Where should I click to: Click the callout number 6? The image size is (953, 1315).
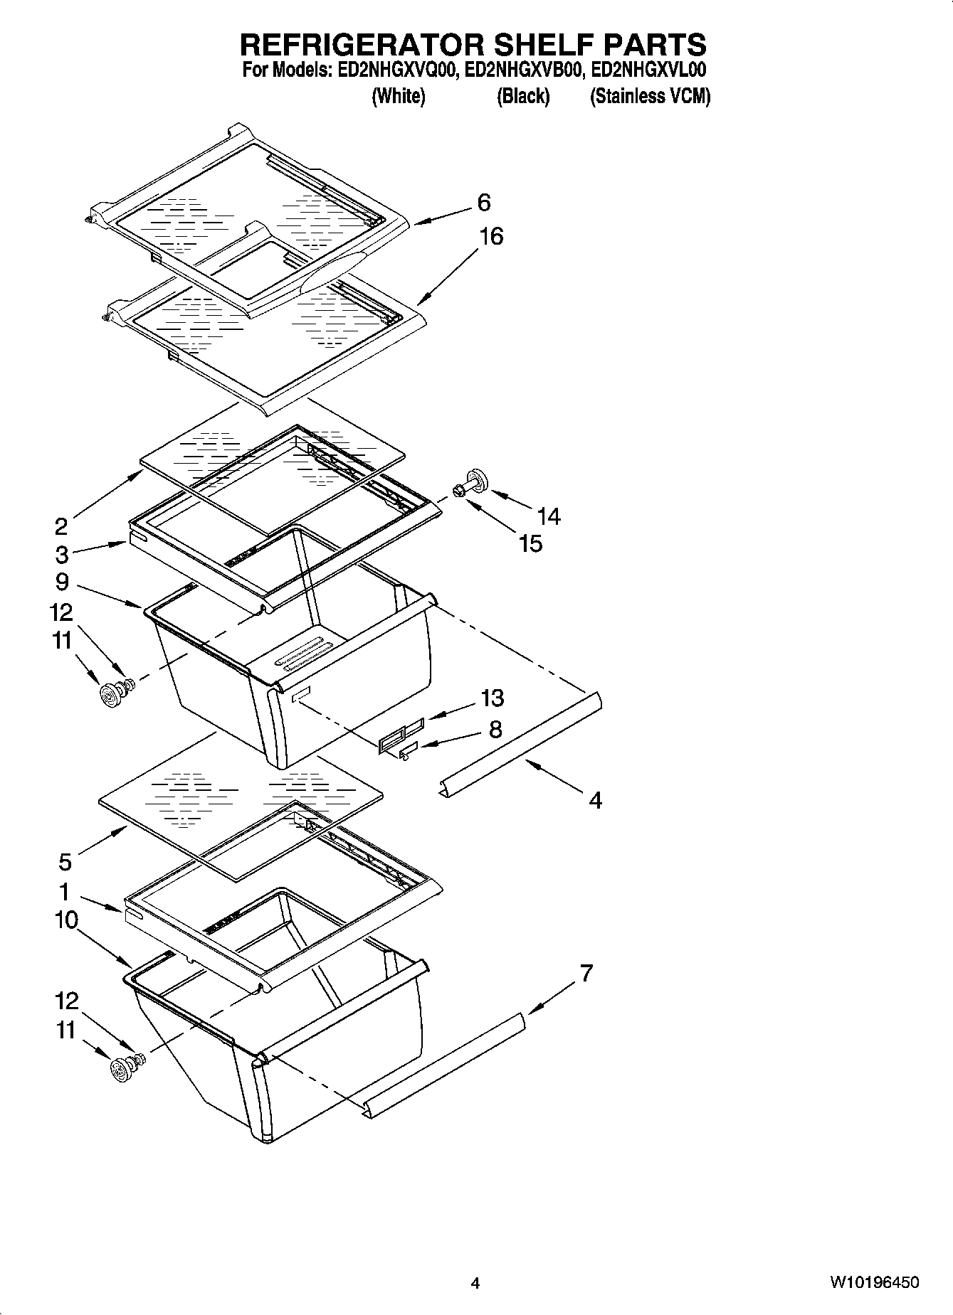[x=483, y=203]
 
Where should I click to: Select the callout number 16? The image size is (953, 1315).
[x=490, y=236]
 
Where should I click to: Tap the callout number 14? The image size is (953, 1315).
[x=549, y=516]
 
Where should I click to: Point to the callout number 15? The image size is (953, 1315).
[x=530, y=543]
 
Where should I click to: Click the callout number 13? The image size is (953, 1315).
[x=492, y=698]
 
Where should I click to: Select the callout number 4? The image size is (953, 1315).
[x=595, y=801]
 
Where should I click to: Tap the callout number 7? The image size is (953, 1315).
[x=586, y=973]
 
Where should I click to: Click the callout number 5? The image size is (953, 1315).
[x=65, y=863]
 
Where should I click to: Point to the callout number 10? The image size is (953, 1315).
[x=65, y=920]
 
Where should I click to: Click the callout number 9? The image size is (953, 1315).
[x=62, y=582]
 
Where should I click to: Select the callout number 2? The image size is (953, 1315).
[x=61, y=526]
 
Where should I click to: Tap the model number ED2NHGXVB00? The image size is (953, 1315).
[x=524, y=71]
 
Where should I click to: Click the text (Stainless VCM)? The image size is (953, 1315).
[x=650, y=97]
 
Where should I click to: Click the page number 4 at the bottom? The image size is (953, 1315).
[x=475, y=1283]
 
